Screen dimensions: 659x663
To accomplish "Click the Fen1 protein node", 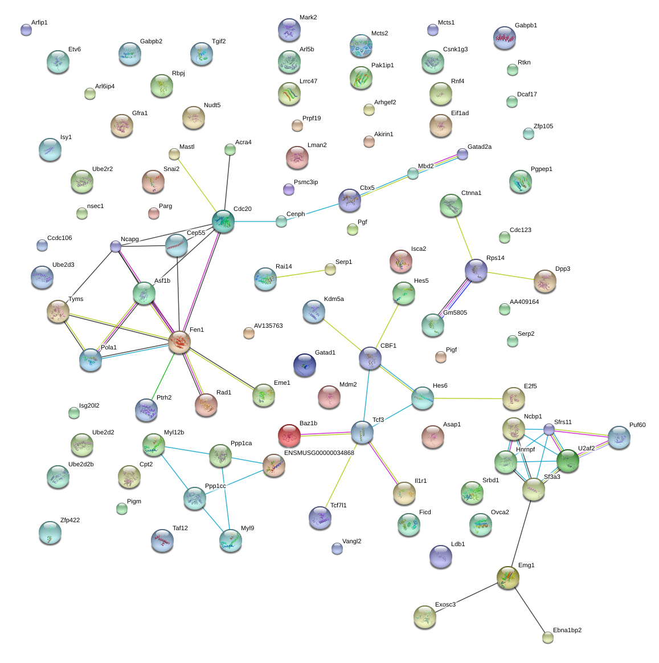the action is pyautogui.click(x=179, y=342).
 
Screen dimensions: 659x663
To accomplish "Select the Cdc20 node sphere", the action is pyautogui.click(x=223, y=221).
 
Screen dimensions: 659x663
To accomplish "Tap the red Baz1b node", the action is pyautogui.click(x=289, y=436).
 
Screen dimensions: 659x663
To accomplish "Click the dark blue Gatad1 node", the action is pyautogui.click(x=305, y=364).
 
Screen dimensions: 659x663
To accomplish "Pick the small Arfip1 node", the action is pyautogui.click(x=26, y=30).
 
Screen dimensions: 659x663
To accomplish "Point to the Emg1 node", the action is pyautogui.click(x=507, y=577).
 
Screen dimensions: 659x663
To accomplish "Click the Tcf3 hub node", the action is pyautogui.click(x=362, y=432).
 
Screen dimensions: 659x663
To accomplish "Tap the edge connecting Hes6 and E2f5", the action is pyautogui.click(x=468, y=398).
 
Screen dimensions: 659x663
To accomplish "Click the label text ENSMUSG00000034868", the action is pyautogui.click(x=320, y=453).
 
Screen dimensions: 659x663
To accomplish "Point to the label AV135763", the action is pyautogui.click(x=268, y=326).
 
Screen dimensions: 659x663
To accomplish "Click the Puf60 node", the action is pyautogui.click(x=619, y=437).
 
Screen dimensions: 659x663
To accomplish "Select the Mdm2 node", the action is pyautogui.click(x=329, y=397).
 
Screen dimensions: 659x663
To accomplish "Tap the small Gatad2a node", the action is pyautogui.click(x=462, y=154).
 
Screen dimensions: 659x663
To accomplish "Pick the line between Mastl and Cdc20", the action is pyautogui.click(x=197, y=185).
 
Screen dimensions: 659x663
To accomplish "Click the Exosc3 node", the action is pyautogui.click(x=424, y=617).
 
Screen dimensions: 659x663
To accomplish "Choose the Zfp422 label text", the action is pyautogui.click(x=70, y=520).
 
